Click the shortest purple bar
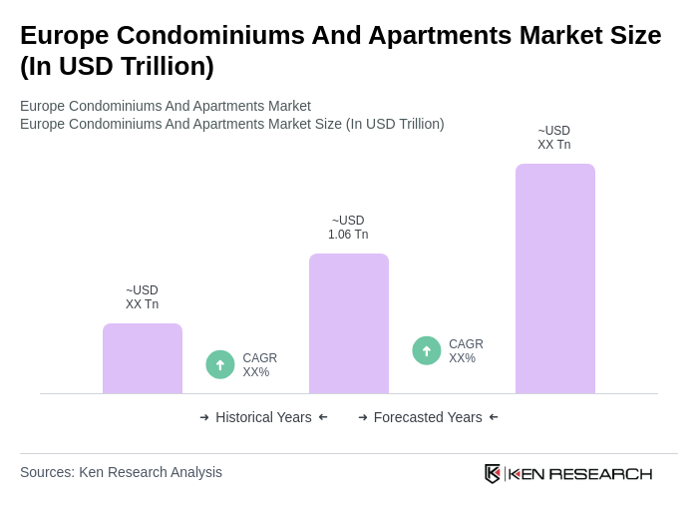tap(143, 358)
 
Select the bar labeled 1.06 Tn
tap(349, 323)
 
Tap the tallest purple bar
tap(555, 278)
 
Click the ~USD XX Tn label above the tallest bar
tap(554, 138)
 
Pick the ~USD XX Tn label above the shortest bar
tap(142, 297)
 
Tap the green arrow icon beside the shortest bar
tap(220, 364)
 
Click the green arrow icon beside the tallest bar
tap(427, 350)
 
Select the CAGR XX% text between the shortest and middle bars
tap(259, 365)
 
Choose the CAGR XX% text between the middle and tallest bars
tap(466, 351)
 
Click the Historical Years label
tap(263, 417)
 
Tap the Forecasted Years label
tap(428, 417)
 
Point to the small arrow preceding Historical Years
tap(204, 417)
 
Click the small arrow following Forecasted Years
tap(494, 417)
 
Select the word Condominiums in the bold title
tap(211, 35)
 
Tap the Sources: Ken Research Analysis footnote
tap(121, 472)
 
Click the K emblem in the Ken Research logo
tap(493, 473)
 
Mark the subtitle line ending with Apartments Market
tap(166, 106)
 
